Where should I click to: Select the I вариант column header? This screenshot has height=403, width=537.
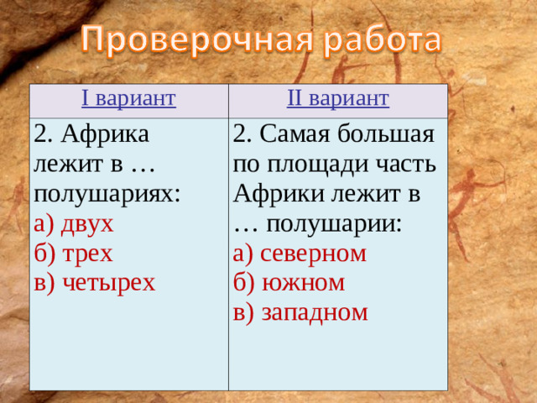click(128, 100)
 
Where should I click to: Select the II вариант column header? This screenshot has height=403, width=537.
click(337, 100)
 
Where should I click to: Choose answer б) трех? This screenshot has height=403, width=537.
click(73, 253)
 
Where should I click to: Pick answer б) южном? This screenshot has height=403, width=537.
click(289, 282)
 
